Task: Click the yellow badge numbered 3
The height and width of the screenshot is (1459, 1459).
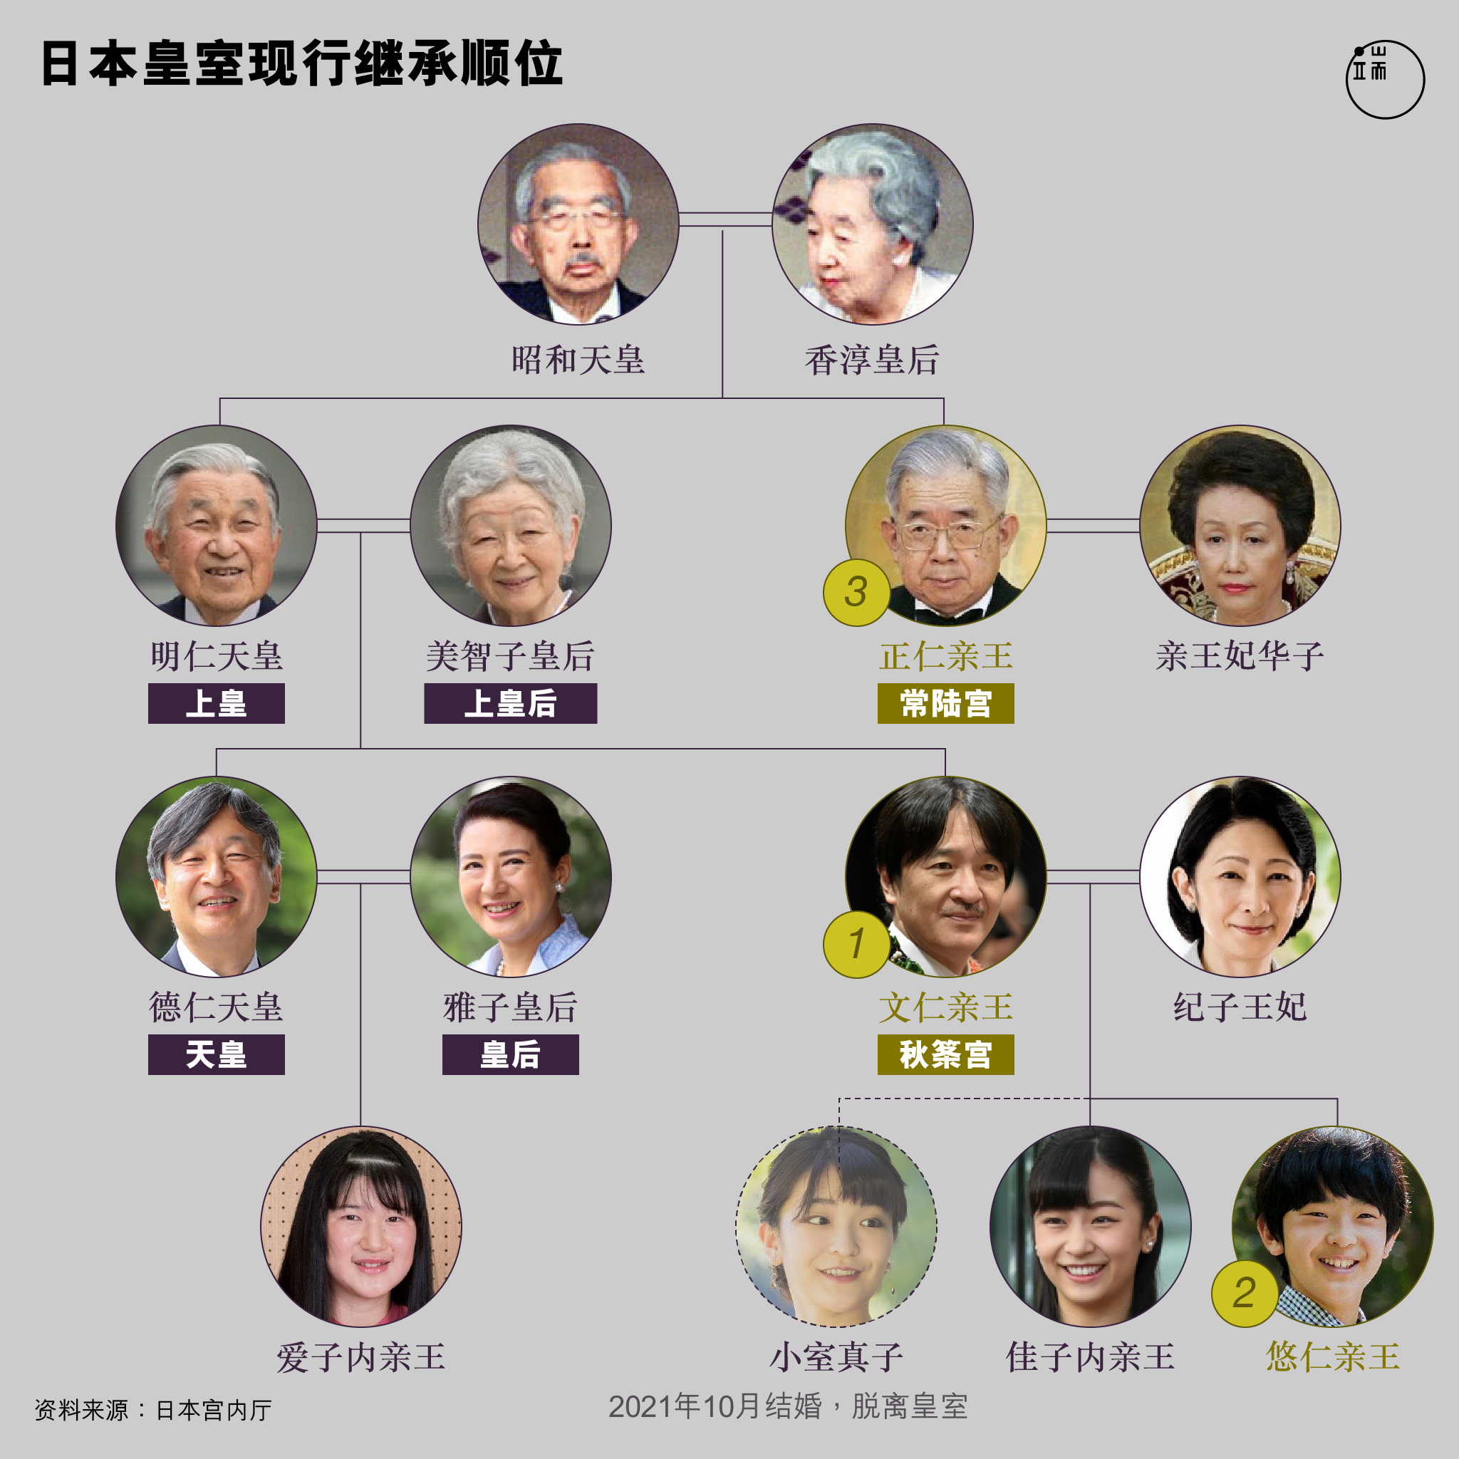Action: pos(856,592)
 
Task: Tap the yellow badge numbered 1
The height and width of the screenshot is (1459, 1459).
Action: pos(856,944)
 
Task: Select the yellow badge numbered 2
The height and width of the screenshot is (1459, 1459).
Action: pos(1245,1294)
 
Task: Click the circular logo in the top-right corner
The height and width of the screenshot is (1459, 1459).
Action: pos(1384,79)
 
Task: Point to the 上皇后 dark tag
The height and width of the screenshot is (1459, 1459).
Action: pos(511,703)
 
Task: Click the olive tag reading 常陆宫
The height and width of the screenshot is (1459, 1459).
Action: pos(945,703)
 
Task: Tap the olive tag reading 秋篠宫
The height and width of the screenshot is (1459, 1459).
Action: pos(945,1054)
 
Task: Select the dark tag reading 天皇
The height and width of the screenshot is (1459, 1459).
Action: pos(216,1054)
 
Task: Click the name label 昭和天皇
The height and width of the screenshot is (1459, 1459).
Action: pos(578,360)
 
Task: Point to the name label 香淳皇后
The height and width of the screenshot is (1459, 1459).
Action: pos(872,360)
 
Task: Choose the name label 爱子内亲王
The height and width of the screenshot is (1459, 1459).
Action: pos(361,1357)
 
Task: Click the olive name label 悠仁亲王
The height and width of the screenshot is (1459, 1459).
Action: pos(1333,1357)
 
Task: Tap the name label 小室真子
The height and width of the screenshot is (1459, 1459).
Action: pos(837,1357)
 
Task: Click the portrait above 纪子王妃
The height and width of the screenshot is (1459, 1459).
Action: pos(1240,877)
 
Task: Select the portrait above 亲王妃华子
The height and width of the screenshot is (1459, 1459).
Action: pos(1240,526)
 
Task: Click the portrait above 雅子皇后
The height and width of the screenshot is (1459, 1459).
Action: pos(511,877)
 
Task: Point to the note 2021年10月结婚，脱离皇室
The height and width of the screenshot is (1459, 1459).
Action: pos(788,1406)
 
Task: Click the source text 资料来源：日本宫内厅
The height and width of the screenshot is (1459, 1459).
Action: pos(153,1410)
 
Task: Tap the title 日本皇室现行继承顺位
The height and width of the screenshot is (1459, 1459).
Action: pos(302,63)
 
